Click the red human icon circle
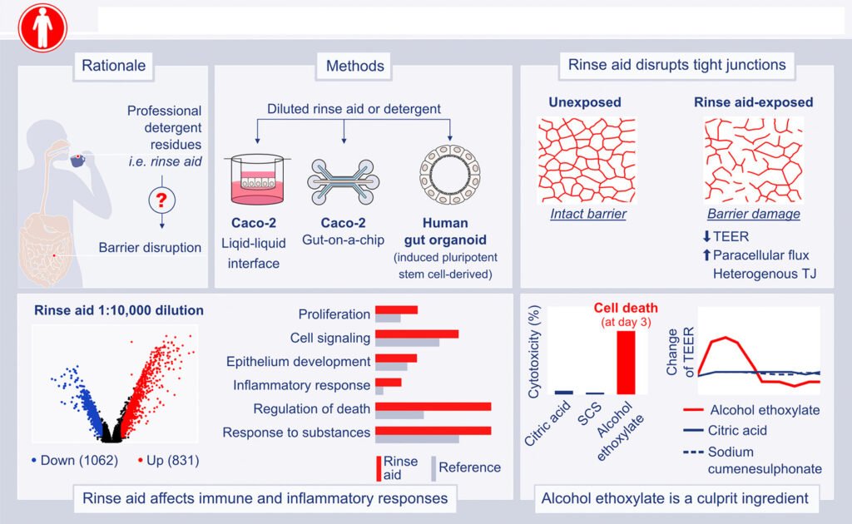click(42, 27)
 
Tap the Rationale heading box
click(113, 66)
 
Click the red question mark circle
click(161, 199)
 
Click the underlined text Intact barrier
click(588, 215)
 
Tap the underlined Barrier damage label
click(753, 215)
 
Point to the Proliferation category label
click(334, 314)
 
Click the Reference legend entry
click(469, 467)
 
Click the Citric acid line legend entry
click(737, 431)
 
